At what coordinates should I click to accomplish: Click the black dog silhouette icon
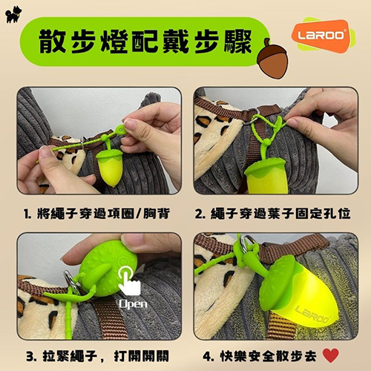click(13, 15)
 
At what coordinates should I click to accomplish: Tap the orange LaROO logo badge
click(321, 35)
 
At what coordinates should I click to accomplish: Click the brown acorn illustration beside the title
click(272, 59)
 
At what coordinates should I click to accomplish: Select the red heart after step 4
click(331, 355)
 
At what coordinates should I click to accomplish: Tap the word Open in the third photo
click(133, 304)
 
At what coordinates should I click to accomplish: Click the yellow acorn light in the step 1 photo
click(110, 168)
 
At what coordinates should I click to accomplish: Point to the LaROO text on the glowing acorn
click(312, 314)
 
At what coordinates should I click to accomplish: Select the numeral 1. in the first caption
click(27, 214)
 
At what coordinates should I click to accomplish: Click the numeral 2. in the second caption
click(200, 214)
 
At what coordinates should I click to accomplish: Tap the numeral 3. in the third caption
click(32, 356)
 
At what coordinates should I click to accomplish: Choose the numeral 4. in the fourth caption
click(209, 356)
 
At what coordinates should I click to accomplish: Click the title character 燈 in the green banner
click(114, 41)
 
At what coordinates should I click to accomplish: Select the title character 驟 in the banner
click(238, 41)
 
